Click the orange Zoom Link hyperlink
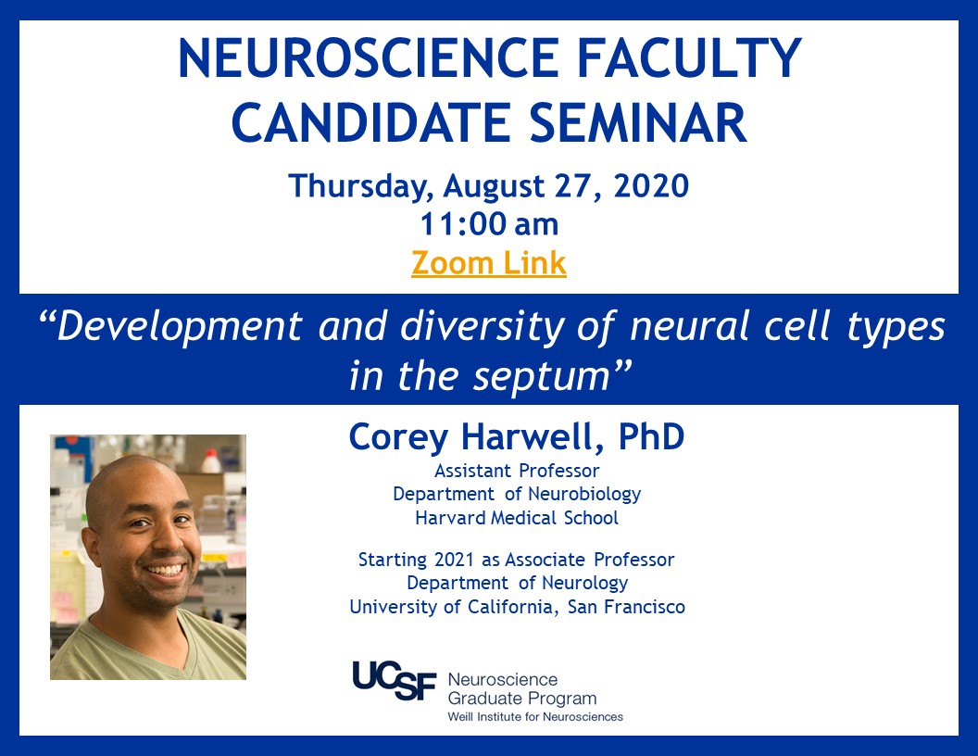489,262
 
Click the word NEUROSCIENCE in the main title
369,58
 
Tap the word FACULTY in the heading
689,58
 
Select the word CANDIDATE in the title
371,122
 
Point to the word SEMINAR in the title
638,122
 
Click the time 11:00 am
489,224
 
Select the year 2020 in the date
651,186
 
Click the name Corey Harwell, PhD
517,436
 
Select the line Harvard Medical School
517,518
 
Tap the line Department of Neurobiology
517,494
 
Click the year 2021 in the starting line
454,560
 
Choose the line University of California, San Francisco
517,607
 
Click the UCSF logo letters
395,681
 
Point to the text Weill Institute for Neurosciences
535,717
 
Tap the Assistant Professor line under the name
517,471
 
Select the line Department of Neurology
517,584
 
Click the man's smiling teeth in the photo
165,570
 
